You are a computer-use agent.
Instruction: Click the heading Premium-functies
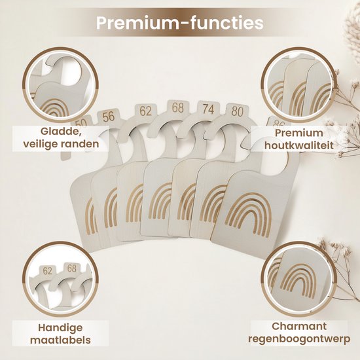[180, 23]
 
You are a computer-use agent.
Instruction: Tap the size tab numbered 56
[109, 117]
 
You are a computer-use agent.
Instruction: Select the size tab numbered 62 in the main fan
[146, 111]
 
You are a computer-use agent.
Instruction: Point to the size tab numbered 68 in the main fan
[177, 107]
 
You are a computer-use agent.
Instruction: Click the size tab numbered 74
[208, 109]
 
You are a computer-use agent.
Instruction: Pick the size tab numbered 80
[237, 111]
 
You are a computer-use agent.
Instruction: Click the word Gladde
[60, 132]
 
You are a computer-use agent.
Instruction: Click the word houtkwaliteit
[299, 145]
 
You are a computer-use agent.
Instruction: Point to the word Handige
[60, 328]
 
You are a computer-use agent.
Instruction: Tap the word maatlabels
[60, 340]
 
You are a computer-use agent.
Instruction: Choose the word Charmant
[299, 326]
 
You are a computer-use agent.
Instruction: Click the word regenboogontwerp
[299, 339]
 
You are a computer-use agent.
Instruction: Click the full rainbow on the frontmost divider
[249, 215]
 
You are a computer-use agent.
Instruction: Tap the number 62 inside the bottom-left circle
[48, 271]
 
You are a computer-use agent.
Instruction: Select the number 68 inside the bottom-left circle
[71, 268]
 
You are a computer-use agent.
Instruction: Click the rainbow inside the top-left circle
[55, 107]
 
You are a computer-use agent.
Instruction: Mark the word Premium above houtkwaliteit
[299, 133]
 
